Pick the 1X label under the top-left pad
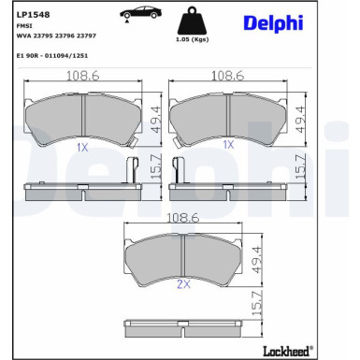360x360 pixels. [81, 147]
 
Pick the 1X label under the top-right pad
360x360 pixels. [228, 146]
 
